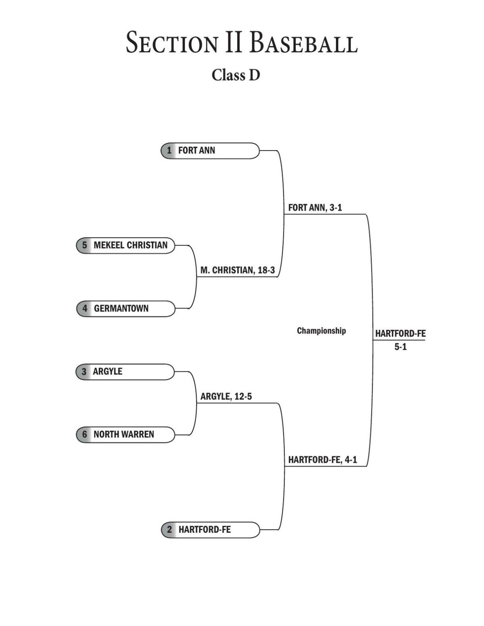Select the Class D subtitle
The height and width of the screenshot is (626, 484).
[236, 75]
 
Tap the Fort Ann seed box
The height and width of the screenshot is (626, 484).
[210, 151]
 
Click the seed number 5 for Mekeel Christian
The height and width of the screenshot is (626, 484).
[84, 245]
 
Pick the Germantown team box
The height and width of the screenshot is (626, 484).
[126, 309]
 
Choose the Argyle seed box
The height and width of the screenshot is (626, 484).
[125, 371]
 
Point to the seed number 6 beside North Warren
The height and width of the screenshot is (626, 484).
[84, 434]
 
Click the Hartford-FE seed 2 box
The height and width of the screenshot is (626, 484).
[210, 530]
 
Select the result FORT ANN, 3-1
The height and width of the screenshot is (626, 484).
[315, 207]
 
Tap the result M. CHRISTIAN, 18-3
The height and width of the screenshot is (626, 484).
[238, 270]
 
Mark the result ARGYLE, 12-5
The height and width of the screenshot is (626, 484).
[226, 396]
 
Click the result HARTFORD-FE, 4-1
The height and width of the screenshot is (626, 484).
[322, 460]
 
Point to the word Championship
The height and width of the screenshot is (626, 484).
[321, 331]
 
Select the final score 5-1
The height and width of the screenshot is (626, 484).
[401, 347]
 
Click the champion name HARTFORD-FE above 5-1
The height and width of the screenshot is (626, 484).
[401, 334]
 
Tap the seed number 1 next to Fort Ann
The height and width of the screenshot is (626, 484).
[169, 151]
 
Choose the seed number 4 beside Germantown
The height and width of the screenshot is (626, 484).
[85, 309]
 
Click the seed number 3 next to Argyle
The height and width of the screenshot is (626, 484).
[84, 371]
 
